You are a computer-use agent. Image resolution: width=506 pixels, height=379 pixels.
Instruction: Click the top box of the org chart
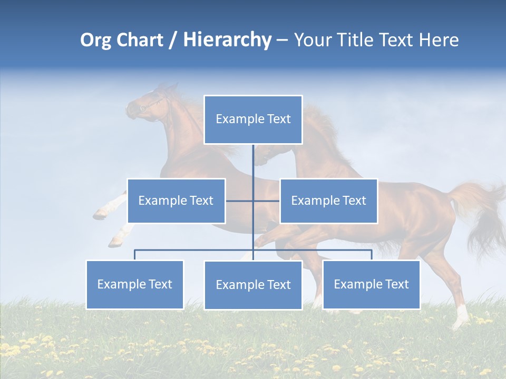(253, 119)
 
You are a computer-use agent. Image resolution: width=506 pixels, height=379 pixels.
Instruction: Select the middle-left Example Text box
(176, 201)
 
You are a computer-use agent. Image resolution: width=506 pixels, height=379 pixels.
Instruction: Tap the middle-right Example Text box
(328, 201)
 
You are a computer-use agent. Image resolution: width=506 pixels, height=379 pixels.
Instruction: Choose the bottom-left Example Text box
(135, 284)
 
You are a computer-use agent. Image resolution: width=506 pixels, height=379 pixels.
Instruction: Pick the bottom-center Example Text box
(253, 285)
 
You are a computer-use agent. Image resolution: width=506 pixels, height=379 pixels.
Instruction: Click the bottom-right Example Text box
(371, 284)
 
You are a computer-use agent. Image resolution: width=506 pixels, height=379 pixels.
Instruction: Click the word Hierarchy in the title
(227, 40)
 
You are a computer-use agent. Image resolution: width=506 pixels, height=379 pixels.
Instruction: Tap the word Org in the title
(95, 40)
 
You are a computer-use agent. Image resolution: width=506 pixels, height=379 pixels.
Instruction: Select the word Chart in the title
(139, 40)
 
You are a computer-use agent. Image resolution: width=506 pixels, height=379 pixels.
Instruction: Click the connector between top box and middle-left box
(239, 201)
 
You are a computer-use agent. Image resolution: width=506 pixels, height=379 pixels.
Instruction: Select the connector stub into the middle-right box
(267, 201)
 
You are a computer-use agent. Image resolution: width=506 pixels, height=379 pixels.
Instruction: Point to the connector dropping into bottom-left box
(135, 255)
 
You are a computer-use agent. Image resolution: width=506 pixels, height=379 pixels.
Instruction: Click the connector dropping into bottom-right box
(371, 255)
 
